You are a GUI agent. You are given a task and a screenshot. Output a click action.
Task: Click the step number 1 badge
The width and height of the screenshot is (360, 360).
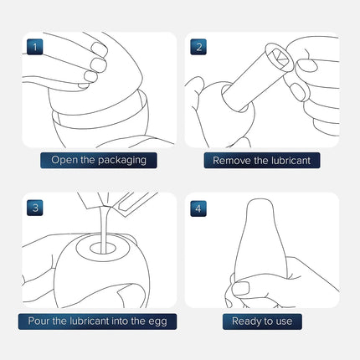coord(35,47)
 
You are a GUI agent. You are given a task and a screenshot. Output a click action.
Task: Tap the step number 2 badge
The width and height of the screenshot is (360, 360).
coord(198,47)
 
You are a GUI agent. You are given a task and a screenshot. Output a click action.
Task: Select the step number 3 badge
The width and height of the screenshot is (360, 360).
coord(35,208)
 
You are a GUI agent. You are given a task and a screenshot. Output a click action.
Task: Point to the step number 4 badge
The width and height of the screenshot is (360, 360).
coord(198,208)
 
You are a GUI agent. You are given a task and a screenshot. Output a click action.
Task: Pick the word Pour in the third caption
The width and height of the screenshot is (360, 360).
coord(39,321)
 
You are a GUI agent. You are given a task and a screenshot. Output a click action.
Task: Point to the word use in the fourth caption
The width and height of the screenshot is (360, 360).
coord(284,321)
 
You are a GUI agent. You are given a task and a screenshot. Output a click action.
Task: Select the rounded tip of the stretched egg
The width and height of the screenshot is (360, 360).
coord(260,203)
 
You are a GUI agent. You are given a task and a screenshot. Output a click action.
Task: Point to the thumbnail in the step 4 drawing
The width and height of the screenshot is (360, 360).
coord(240,288)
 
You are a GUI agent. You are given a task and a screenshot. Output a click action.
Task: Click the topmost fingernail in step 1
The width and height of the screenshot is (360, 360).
coord(100,49)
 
